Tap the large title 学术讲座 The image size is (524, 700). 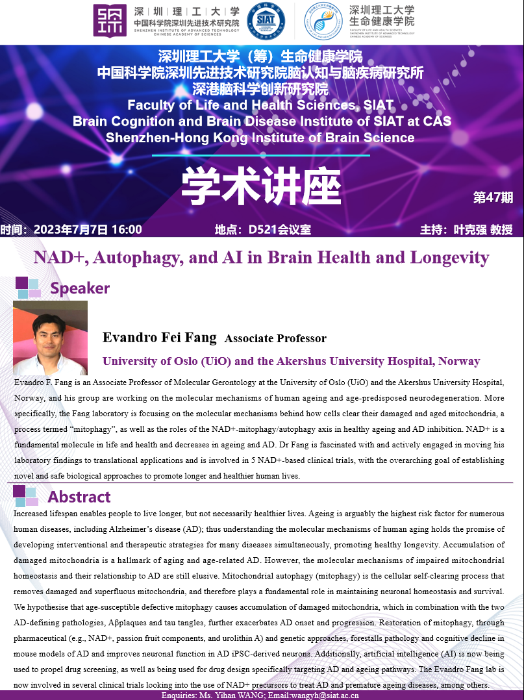pyautogui.click(x=261, y=187)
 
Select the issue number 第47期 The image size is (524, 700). pyautogui.click(x=493, y=197)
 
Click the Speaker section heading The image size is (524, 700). pyautogui.click(x=80, y=288)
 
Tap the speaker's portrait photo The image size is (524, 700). pyautogui.click(x=50, y=338)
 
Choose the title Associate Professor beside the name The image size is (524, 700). pyautogui.click(x=275, y=338)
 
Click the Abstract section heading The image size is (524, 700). pyautogui.click(x=79, y=497)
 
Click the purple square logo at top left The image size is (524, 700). pyautogui.click(x=110, y=21)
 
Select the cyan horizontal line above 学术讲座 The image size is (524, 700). pyautogui.click(x=261, y=155)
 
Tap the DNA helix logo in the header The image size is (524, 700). pyautogui.click(x=323, y=21)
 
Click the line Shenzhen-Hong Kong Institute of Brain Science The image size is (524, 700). pyautogui.click(x=260, y=138)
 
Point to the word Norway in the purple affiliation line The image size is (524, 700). pyautogui.click(x=459, y=361)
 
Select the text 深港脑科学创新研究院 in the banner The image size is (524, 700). pyautogui.click(x=260, y=89)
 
